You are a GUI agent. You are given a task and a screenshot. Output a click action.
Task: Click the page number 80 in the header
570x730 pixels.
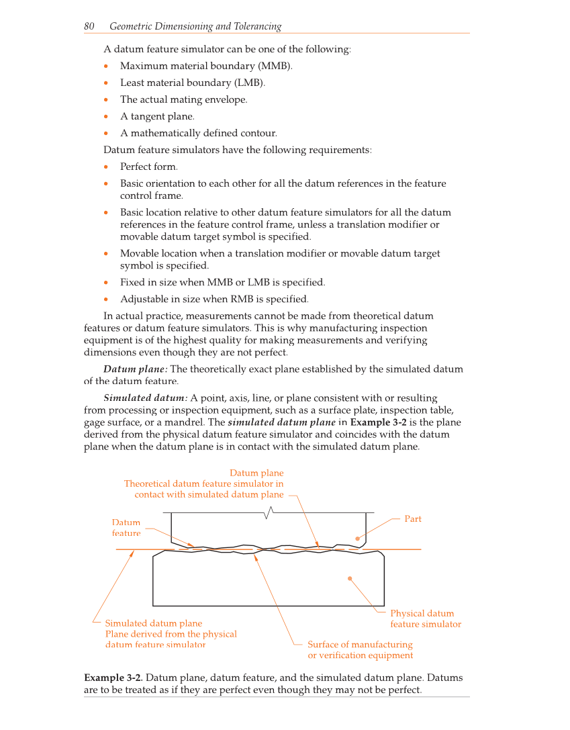click(89, 26)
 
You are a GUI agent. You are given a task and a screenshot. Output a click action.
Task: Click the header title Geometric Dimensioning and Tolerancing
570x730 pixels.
click(195, 26)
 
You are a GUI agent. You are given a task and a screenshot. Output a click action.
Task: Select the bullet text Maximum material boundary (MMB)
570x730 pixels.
click(206, 66)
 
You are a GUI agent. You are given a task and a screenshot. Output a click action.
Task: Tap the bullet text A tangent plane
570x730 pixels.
click(157, 116)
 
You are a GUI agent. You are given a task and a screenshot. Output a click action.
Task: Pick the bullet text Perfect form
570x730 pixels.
click(148, 167)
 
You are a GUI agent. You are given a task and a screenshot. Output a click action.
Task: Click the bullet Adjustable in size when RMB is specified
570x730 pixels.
click(214, 299)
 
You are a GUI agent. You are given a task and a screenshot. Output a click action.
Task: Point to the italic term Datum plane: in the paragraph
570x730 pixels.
click(136, 369)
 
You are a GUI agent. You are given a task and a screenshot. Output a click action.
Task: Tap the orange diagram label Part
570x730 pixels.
click(413, 519)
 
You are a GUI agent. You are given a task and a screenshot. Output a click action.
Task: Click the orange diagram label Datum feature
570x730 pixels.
click(126, 528)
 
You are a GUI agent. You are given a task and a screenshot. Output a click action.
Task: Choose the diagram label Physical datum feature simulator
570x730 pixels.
click(425, 619)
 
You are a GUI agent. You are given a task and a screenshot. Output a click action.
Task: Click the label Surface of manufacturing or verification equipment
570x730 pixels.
click(360, 650)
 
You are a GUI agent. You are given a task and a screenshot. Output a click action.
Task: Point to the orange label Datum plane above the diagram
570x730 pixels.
click(256, 473)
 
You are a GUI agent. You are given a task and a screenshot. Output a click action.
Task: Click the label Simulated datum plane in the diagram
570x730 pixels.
click(153, 623)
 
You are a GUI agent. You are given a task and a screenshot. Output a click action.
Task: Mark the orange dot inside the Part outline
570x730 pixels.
click(358, 539)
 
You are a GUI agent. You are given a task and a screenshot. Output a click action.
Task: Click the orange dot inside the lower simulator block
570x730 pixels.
click(350, 578)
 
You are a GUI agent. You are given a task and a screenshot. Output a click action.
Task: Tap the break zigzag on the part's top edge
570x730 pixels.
click(269, 514)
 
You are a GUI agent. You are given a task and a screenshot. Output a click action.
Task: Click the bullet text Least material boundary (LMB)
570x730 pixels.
click(192, 83)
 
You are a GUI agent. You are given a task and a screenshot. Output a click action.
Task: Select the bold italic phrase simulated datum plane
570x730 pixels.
click(281, 422)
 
